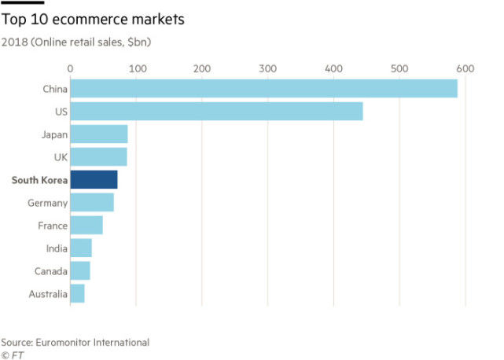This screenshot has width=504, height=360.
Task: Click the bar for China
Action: click(x=263, y=89)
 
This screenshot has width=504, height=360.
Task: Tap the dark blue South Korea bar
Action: click(x=94, y=180)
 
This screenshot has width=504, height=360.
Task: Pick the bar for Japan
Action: click(x=98, y=134)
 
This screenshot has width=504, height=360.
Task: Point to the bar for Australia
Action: click(x=77, y=294)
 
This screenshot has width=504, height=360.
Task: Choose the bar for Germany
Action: click(x=92, y=203)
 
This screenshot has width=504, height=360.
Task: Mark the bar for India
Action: click(x=81, y=248)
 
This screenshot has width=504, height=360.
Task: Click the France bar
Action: click(x=86, y=226)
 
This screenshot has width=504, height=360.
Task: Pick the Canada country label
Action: click(x=50, y=271)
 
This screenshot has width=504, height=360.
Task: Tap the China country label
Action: click(x=54, y=89)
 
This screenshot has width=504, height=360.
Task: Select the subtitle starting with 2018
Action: click(x=76, y=40)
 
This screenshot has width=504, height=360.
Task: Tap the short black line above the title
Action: click(x=22, y=2)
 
